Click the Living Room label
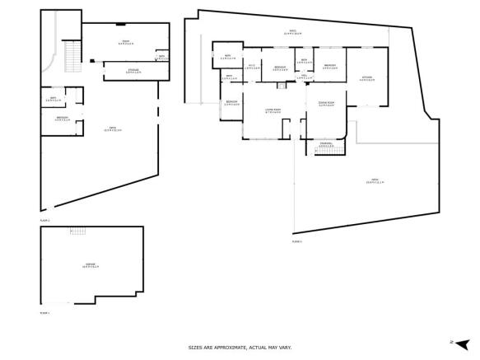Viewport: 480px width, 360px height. [273, 111]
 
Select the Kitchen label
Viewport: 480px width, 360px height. [366, 79]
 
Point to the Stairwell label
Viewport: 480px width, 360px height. [326, 146]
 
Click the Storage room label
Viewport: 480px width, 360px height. [133, 72]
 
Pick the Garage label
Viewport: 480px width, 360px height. [91, 265]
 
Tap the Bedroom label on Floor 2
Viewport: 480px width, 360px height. [62, 119]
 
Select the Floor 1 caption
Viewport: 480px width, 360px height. [45, 313]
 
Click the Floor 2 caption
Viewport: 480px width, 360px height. [45, 221]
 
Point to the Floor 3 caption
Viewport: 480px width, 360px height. [297, 241]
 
